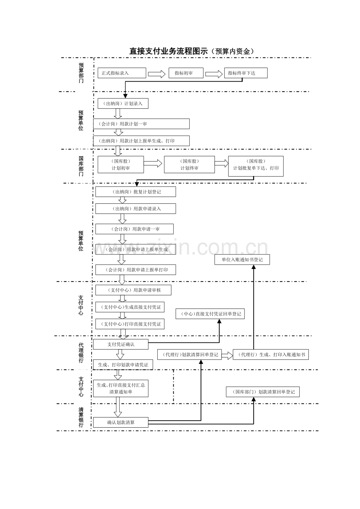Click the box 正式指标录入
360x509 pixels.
122,73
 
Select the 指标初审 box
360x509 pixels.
186,73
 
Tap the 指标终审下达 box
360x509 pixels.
246,73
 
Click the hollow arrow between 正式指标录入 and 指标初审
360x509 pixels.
157,74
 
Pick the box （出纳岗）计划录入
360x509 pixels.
123,103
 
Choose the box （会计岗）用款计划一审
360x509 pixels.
141,124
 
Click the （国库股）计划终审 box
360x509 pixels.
189,165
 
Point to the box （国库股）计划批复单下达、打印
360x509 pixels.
256,166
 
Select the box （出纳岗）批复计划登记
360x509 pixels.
135,192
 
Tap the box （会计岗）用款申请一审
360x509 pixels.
134,229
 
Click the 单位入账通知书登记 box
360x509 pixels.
242,260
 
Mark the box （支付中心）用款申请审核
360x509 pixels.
133,290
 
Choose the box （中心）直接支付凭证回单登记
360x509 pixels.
210,314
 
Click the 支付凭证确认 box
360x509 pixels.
121,344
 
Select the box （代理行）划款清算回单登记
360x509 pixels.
189,355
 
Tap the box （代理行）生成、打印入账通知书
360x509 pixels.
271,355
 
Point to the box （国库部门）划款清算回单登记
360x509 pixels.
263,392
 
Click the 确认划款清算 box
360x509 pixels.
121,422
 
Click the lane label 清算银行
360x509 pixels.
81,418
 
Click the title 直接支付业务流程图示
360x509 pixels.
169,51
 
